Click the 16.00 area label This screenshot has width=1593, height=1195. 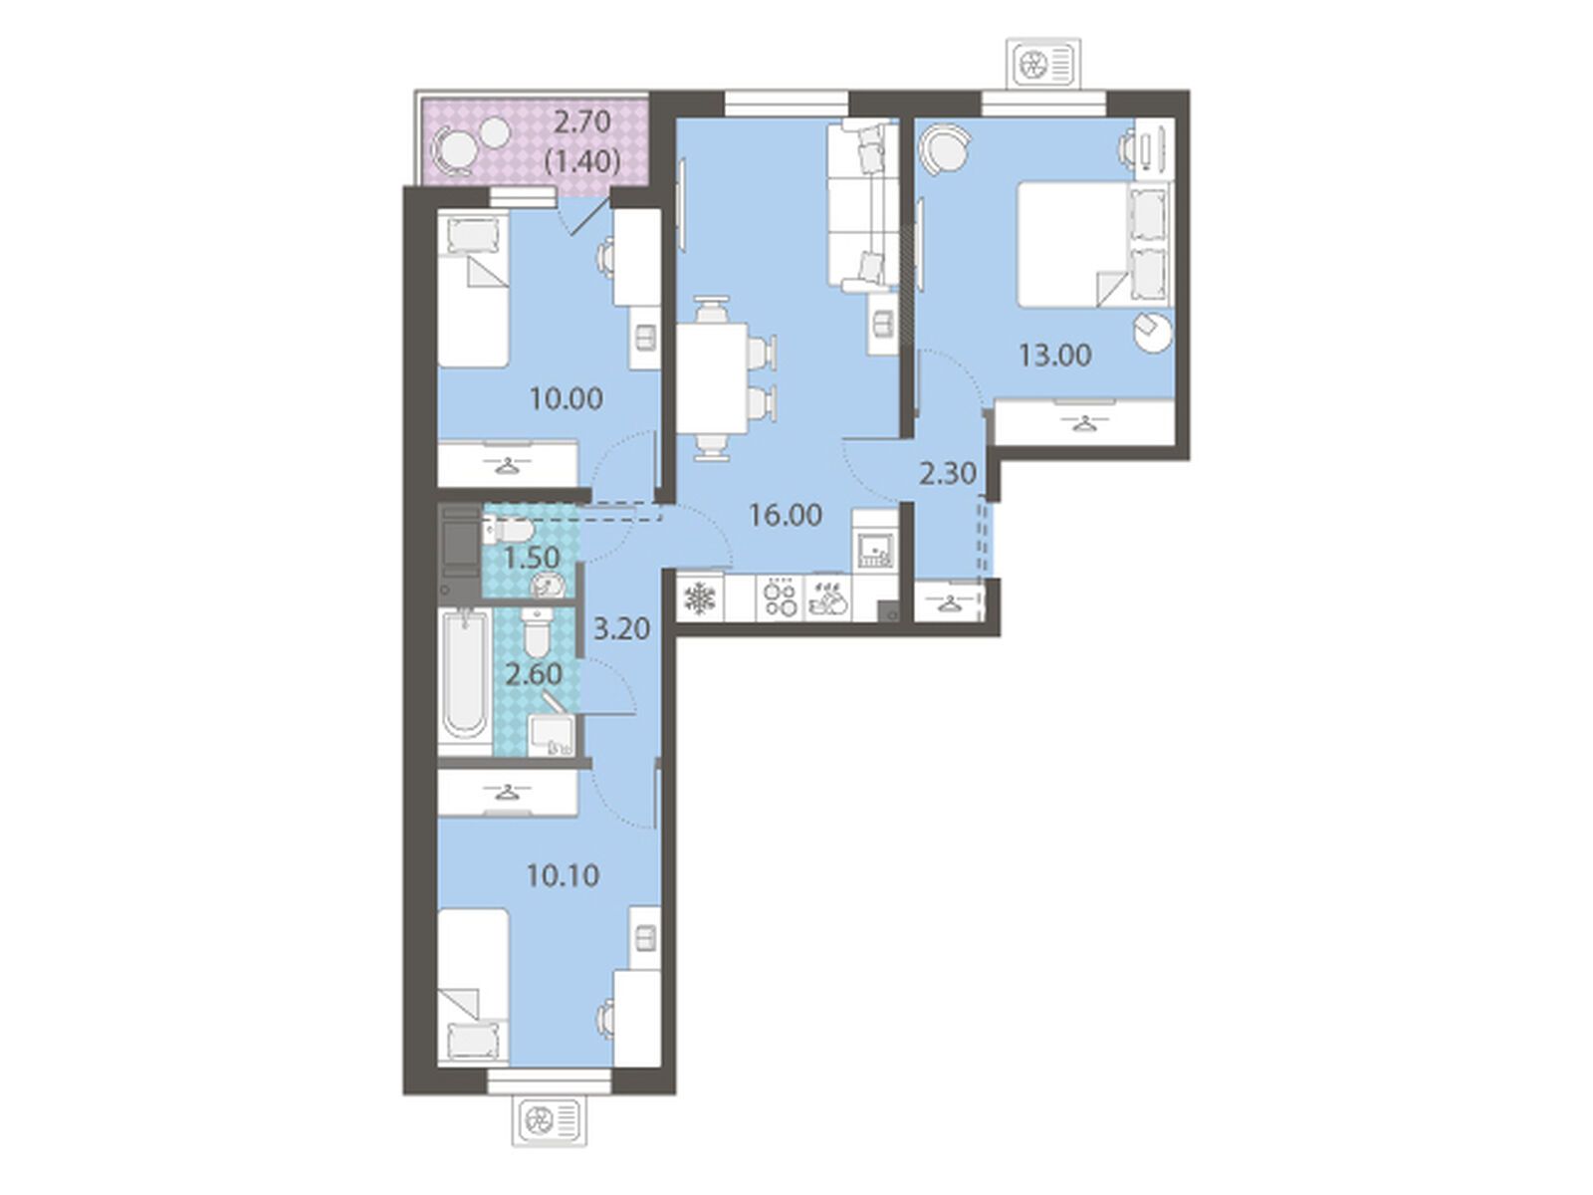point(786,515)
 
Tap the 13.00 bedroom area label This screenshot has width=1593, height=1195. point(1055,356)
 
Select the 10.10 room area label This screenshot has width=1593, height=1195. point(564,875)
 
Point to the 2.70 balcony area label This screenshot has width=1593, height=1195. point(582,121)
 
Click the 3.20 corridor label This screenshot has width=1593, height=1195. point(621,628)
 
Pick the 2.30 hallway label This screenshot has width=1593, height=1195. point(948,474)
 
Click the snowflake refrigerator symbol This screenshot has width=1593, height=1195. point(700,598)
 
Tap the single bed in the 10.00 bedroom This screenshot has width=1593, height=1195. point(473,289)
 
